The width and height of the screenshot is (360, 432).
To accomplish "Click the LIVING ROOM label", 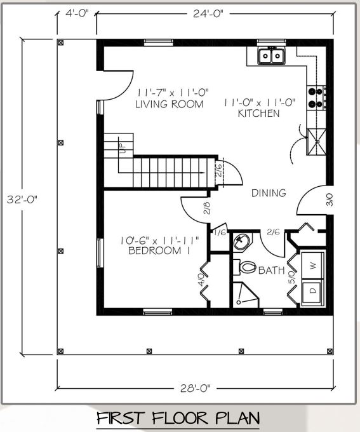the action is [x=170, y=104].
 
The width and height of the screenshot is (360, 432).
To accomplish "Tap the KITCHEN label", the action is [x=258, y=113].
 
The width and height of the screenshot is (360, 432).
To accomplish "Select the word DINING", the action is [x=269, y=193].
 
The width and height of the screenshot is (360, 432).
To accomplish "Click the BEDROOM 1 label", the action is [x=159, y=250].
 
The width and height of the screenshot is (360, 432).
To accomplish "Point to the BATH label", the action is [x=271, y=270].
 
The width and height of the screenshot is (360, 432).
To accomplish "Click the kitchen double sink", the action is [x=271, y=56].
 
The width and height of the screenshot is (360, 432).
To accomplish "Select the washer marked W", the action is [x=312, y=266].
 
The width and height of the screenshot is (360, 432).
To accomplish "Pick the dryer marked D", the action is [x=312, y=292].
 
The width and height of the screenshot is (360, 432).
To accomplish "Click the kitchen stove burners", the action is [x=316, y=98].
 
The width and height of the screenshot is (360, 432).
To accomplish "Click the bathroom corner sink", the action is [x=241, y=241].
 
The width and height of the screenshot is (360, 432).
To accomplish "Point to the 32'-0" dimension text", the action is [x=22, y=199].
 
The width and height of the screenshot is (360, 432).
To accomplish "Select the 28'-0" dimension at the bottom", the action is [x=196, y=388].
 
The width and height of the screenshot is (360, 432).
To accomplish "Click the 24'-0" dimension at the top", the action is [x=208, y=13].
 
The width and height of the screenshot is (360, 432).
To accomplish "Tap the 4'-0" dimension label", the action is [x=77, y=13].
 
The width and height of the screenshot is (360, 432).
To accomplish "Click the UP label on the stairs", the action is [x=123, y=148].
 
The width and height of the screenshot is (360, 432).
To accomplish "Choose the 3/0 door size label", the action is [x=330, y=200].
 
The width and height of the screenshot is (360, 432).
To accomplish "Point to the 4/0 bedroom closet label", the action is [x=202, y=280].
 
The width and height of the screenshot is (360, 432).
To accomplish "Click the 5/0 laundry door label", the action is [x=291, y=278].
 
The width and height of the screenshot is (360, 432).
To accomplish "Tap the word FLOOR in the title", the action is [x=181, y=418].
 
